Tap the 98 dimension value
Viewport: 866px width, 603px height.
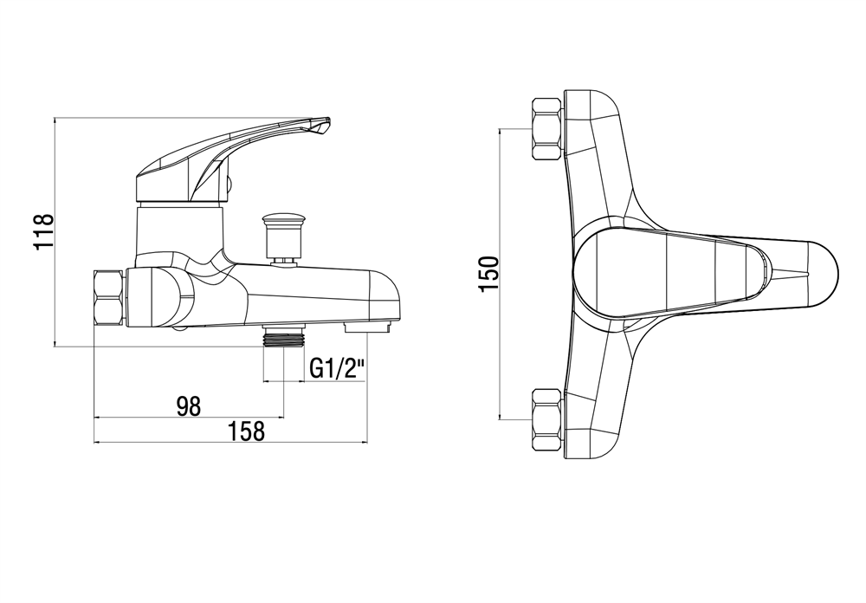pyautogui.click(x=189, y=407)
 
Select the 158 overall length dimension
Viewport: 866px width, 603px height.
pyautogui.click(x=248, y=431)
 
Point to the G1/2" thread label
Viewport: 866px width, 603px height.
pyautogui.click(x=338, y=368)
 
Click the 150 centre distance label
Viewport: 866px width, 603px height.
pyautogui.click(x=489, y=274)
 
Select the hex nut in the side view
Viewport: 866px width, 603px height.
pyautogui.click(x=109, y=297)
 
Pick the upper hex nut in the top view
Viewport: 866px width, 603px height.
pyautogui.click(x=546, y=129)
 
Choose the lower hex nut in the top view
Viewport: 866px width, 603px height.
pyautogui.click(x=546, y=420)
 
